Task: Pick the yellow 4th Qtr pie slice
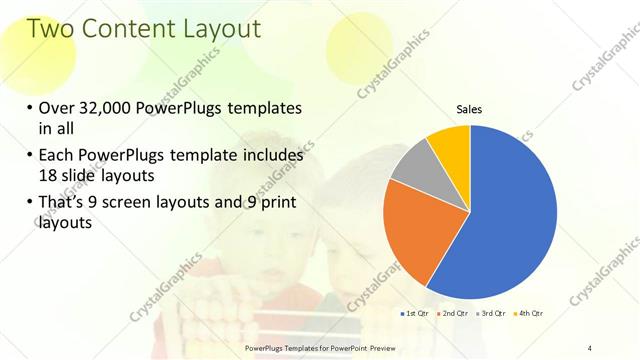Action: point(451,145)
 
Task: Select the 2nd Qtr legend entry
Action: point(452,313)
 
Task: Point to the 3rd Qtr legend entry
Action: point(491,313)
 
